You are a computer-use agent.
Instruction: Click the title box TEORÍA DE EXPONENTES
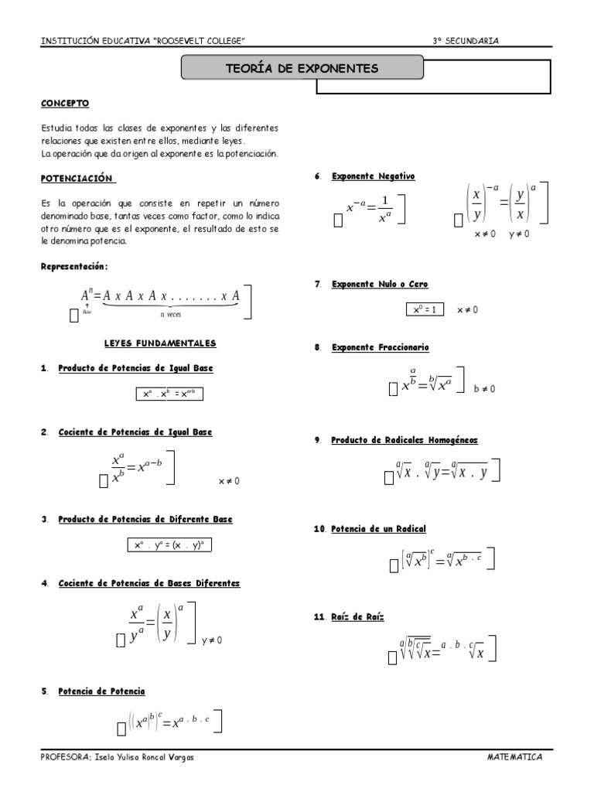pyautogui.click(x=302, y=69)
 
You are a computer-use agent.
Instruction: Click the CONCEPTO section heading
pyautogui.click(x=65, y=103)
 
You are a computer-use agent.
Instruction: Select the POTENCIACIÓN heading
pyautogui.click(x=77, y=179)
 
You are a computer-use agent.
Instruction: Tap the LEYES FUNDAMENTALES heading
pyautogui.click(x=160, y=343)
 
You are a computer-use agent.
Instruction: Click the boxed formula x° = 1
pyautogui.click(x=425, y=309)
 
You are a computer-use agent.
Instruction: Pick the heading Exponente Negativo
pyautogui.click(x=374, y=176)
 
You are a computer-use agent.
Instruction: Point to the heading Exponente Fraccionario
pyautogui.click(x=380, y=348)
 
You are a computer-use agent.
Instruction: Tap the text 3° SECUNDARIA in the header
pyautogui.click(x=466, y=40)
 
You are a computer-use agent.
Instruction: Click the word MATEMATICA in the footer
pyautogui.click(x=515, y=757)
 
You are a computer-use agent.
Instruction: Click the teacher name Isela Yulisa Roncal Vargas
pyautogui.click(x=143, y=757)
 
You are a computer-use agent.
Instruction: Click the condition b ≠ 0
pyautogui.click(x=485, y=389)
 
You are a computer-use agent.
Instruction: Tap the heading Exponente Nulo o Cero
pyautogui.click(x=379, y=285)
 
